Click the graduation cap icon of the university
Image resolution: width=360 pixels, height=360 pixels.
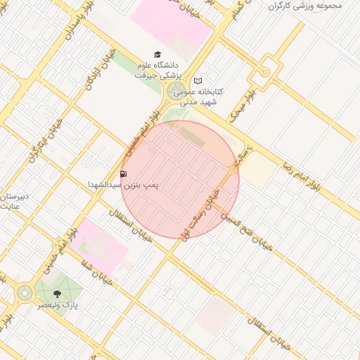pyautogui.click(x=157, y=54)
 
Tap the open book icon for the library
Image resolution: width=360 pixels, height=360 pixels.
pyautogui.click(x=198, y=80)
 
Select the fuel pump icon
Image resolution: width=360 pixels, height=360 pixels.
pyautogui.click(x=124, y=174)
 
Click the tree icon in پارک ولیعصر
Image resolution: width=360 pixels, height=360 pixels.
pyautogui.click(x=57, y=294)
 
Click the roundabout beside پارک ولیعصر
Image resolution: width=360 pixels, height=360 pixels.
pyautogui.click(x=25, y=292)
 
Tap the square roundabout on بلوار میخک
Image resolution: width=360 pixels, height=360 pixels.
pyautogui.click(x=264, y=71)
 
